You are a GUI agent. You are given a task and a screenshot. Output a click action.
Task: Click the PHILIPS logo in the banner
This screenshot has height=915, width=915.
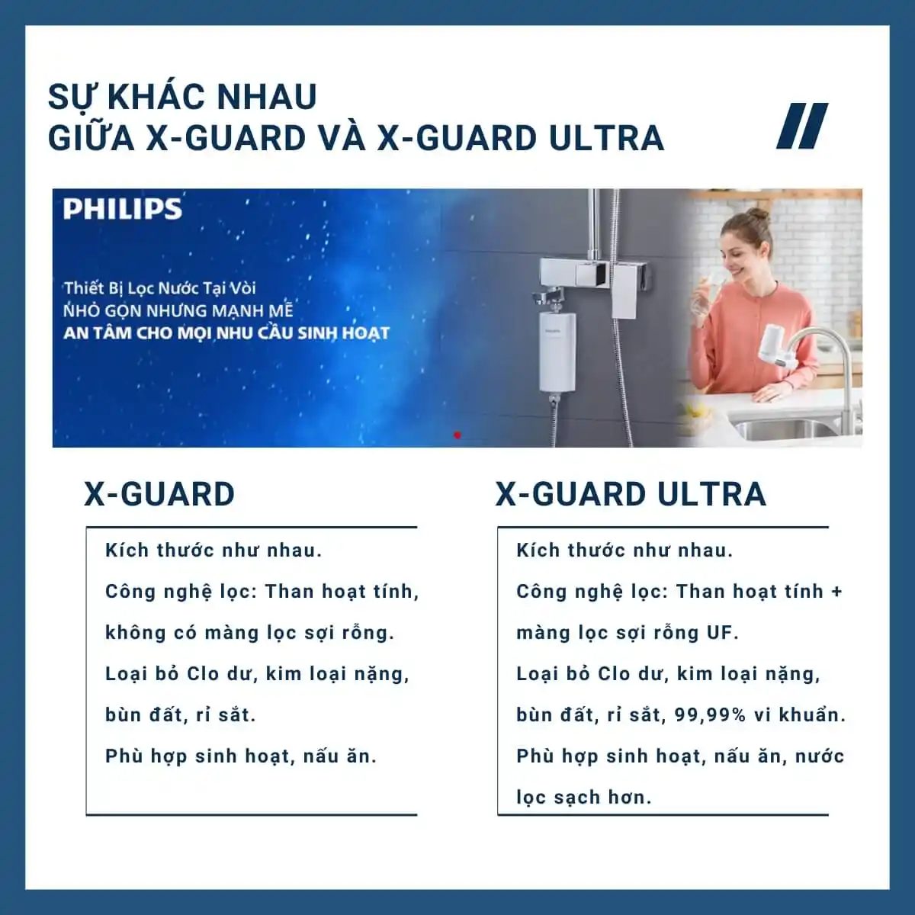click(x=122, y=209)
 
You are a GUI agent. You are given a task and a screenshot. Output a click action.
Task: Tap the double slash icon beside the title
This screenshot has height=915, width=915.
click(x=802, y=126)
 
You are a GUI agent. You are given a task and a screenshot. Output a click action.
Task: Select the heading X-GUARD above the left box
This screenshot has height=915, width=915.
click(x=159, y=494)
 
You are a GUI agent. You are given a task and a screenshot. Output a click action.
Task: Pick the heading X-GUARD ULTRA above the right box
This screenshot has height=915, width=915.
click(x=631, y=494)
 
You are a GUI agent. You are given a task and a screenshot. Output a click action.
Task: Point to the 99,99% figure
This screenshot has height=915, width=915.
click(x=710, y=715)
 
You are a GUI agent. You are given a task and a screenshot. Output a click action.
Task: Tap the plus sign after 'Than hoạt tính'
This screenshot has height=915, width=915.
click(x=836, y=592)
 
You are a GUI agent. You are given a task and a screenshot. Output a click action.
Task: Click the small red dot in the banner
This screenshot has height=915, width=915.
click(x=457, y=435)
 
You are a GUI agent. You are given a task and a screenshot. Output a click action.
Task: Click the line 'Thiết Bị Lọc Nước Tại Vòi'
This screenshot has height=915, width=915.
click(x=159, y=288)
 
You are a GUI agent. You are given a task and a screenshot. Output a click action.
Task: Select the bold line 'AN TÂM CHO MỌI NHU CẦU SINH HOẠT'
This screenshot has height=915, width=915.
click(x=226, y=333)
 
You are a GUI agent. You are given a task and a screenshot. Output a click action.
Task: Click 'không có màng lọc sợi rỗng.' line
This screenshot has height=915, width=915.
click(x=249, y=633)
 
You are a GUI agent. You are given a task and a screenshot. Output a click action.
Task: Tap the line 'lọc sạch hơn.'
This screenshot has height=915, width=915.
click(x=583, y=798)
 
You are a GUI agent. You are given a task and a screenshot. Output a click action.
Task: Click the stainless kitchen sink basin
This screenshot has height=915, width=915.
click(x=785, y=429)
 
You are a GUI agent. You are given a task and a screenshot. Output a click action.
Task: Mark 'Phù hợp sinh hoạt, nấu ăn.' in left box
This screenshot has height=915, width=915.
click(x=241, y=756)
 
